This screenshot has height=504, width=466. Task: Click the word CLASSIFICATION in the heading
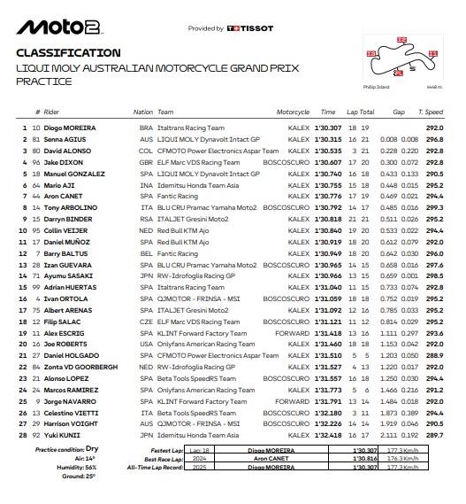tap(68, 53)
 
